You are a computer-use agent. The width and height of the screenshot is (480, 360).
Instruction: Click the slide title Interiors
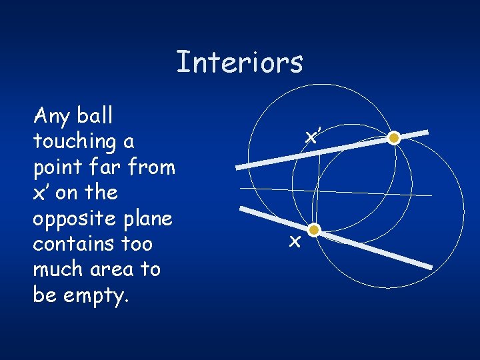[x=239, y=62]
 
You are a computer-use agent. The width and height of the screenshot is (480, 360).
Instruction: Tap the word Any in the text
[x=52, y=117]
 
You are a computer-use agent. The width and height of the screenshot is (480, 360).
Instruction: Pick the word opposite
[x=71, y=219]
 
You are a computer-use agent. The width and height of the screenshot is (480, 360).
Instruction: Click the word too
[x=136, y=243]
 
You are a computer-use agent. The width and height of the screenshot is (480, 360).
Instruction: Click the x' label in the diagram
[x=311, y=137]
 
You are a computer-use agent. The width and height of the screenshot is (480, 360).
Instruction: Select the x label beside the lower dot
[x=294, y=241]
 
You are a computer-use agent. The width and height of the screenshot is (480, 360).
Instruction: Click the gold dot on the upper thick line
[x=394, y=138]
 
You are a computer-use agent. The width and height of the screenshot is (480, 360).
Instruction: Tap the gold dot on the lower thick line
[x=314, y=231]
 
